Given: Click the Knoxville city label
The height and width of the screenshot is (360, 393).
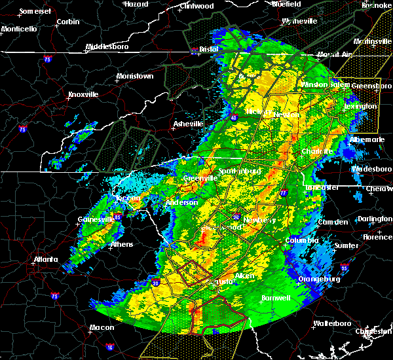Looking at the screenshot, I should [83, 94].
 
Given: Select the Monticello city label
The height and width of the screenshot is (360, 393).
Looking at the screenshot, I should [19, 29].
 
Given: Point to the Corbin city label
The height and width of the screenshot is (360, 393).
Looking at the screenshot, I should [67, 22].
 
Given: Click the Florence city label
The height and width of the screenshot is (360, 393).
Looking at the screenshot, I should [377, 236].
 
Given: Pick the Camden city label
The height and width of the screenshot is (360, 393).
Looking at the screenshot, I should [332, 223].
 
